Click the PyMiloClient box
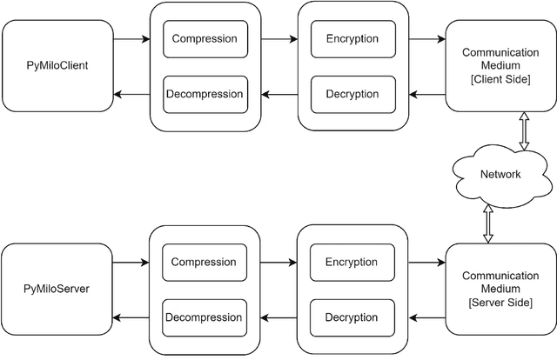[57, 66]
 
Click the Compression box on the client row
[205, 39]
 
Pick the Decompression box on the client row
[205, 94]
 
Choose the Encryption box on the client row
[352, 39]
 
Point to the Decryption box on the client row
[352, 94]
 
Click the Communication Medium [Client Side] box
[500, 66]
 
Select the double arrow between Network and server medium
[489, 223]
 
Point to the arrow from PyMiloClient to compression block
[131, 39]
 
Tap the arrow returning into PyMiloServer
[131, 317]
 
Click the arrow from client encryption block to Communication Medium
[426, 39]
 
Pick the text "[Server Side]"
[500, 302]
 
